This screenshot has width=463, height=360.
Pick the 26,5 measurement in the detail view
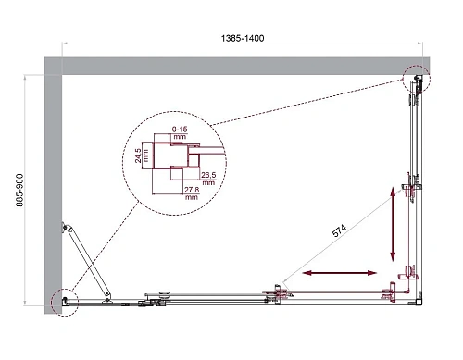click(x=208, y=173)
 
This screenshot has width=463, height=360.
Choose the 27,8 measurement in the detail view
click(x=192, y=189)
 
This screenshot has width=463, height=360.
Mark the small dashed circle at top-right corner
click(x=416, y=81)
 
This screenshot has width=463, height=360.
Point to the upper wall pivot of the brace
click(x=65, y=227)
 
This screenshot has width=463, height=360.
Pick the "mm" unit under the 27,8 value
click(x=192, y=197)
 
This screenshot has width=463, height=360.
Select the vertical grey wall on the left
click(x=53, y=185)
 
